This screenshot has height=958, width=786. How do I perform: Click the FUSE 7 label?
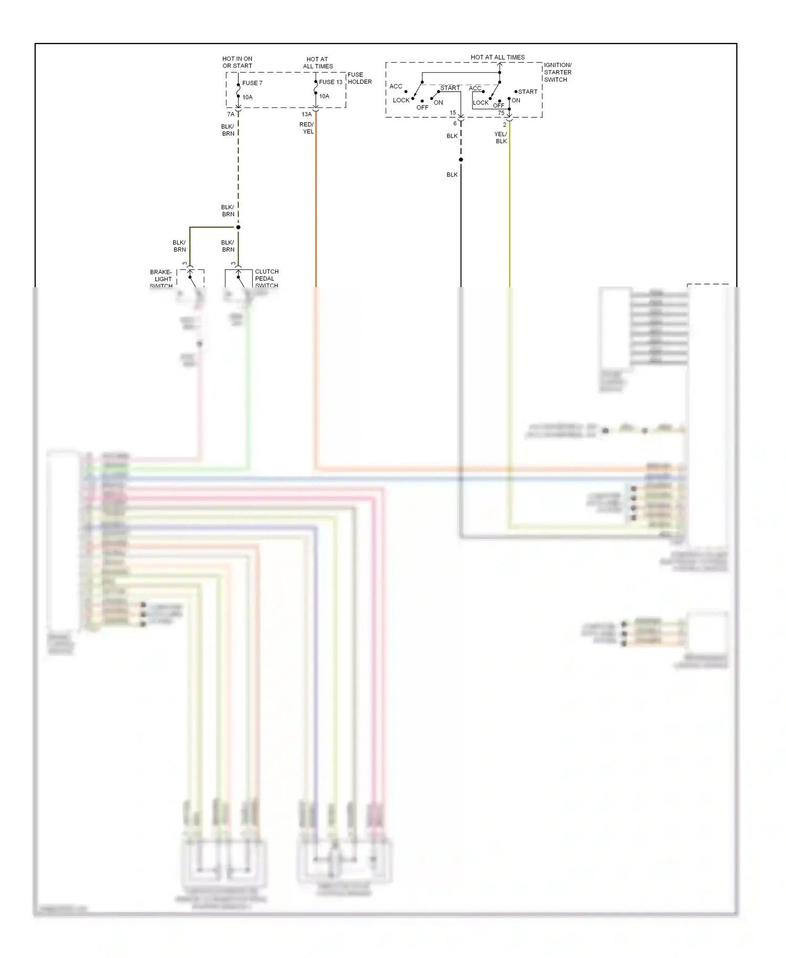click(x=252, y=83)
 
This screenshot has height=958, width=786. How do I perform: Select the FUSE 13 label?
click(x=331, y=82)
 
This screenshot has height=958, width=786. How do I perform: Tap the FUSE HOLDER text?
click(x=359, y=78)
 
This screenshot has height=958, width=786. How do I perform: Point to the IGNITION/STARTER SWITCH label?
click(x=558, y=72)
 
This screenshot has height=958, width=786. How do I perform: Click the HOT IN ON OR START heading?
click(x=237, y=62)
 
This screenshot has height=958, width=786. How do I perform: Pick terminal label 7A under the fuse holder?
click(x=231, y=114)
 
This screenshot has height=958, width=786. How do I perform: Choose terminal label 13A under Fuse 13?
click(x=307, y=114)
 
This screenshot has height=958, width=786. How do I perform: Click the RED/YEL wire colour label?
click(x=307, y=128)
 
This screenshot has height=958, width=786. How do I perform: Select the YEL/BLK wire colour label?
click(x=501, y=138)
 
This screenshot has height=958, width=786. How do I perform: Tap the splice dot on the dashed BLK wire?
click(x=461, y=159)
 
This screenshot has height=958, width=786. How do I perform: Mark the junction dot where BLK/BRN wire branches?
click(x=238, y=227)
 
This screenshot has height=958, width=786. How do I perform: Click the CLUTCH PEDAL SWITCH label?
click(x=266, y=278)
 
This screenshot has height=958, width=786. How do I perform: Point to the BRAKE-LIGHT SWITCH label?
click(x=161, y=279)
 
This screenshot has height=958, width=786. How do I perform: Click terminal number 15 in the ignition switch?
click(x=453, y=113)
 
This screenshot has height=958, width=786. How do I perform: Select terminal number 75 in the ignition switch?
click(x=501, y=113)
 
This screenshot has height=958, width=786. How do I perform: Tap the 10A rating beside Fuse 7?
click(x=247, y=97)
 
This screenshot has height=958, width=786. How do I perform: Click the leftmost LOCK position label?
click(x=401, y=100)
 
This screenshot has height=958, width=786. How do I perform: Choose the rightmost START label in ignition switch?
click(x=528, y=92)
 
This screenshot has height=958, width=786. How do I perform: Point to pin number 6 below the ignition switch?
click(x=455, y=124)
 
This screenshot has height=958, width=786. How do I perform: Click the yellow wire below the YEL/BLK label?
click(x=509, y=210)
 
